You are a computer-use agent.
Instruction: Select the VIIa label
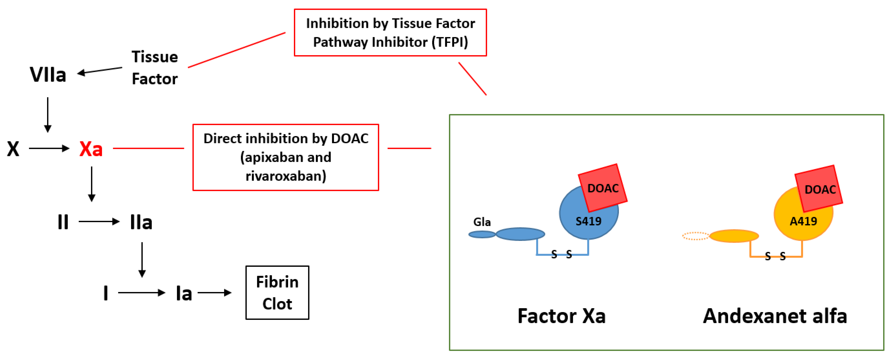coord(48,75)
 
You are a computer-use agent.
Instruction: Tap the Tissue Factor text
coord(155,68)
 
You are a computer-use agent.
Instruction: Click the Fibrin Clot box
coord(277,293)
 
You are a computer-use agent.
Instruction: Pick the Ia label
coord(184,293)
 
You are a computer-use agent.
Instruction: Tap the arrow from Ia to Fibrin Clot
coord(214,293)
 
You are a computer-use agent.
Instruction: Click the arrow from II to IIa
coord(99,222)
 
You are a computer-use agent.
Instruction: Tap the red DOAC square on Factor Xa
coord(603,188)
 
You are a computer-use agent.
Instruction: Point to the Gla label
coord(482,222)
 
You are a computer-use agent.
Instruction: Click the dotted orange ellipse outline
coord(695,236)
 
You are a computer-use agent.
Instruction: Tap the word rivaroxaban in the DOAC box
coord(285,176)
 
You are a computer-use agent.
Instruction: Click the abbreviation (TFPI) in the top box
coord(450,42)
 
